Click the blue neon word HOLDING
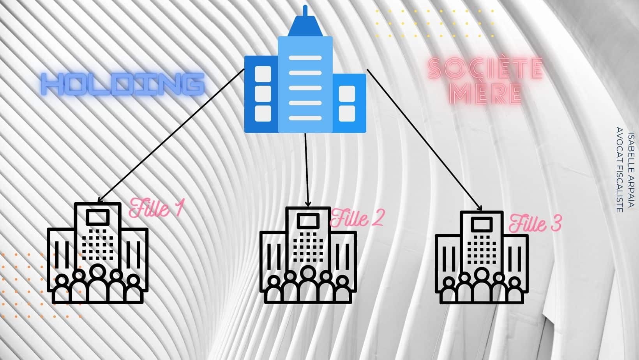[123, 84]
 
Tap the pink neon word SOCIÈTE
[485, 69]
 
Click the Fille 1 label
[155, 208]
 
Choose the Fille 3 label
[535, 223]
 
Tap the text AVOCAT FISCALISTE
[620, 170]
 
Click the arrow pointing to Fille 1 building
[171, 136]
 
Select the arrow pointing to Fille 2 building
[307, 170]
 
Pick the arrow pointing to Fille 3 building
[424, 140]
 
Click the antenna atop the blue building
[305, 11]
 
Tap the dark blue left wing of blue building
[261, 94]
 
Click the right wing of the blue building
[349, 103]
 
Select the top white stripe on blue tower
[305, 58]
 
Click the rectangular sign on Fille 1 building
[97, 218]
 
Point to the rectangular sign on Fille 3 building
[482, 224]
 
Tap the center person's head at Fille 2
[307, 273]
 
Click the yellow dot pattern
[435, 23]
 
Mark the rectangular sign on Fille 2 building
[308, 221]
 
